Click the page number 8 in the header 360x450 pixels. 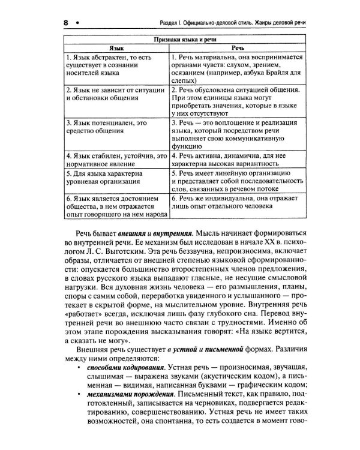point(64,22)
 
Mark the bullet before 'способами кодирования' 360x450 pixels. point(80,367)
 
